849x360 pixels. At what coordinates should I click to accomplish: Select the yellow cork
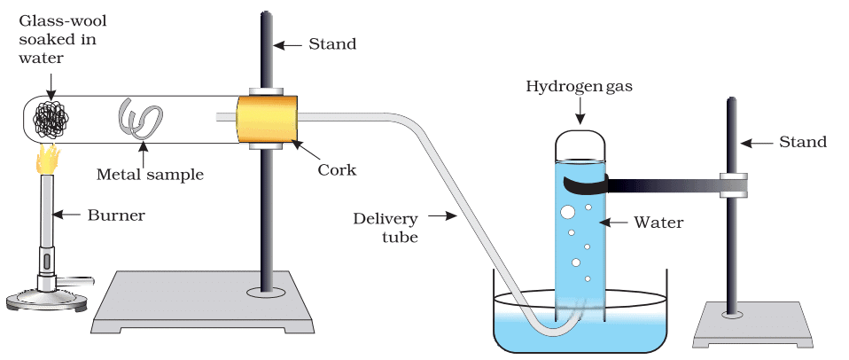coord(266,118)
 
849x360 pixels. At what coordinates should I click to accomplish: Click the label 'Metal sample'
coord(150,174)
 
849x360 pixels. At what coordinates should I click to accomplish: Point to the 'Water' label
coord(658,223)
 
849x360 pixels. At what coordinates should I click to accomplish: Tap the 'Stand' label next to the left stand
coord(332,43)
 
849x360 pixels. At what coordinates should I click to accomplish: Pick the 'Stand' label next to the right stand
coord(802,142)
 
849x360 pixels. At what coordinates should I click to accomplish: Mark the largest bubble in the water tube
coord(565,213)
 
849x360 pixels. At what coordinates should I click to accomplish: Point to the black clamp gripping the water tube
coord(585,184)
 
